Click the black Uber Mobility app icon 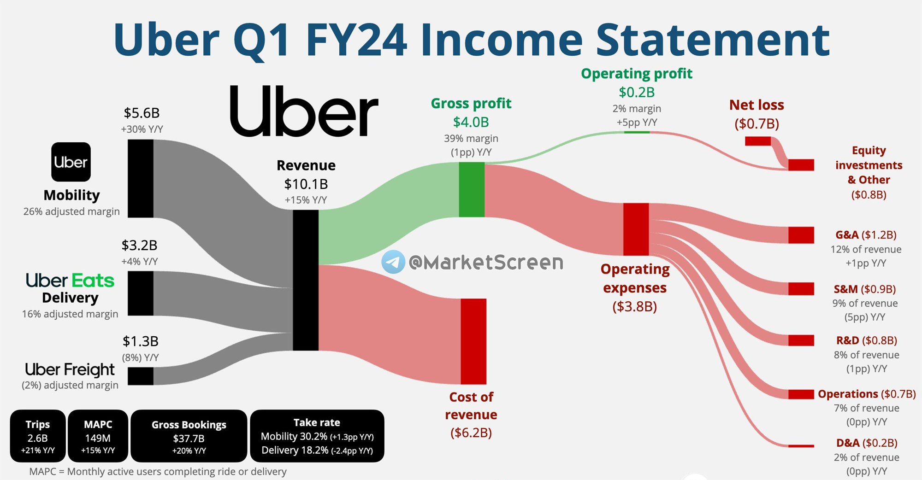point(71,162)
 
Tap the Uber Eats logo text point(70,281)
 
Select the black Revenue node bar point(306,280)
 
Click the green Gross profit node point(472,189)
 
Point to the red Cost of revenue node point(473,341)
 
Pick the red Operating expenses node point(636,229)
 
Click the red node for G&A point(801,235)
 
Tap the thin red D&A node point(801,446)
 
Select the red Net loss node point(758,141)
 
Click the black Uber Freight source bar point(141,376)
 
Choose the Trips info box point(38,436)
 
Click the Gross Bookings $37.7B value point(189,438)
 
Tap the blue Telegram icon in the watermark point(393,262)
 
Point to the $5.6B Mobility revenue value point(142,113)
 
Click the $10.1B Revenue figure point(306,184)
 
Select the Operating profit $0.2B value point(637,92)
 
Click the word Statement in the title point(713,40)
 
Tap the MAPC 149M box point(98,436)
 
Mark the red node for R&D point(801,340)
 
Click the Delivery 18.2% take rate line point(317,450)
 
